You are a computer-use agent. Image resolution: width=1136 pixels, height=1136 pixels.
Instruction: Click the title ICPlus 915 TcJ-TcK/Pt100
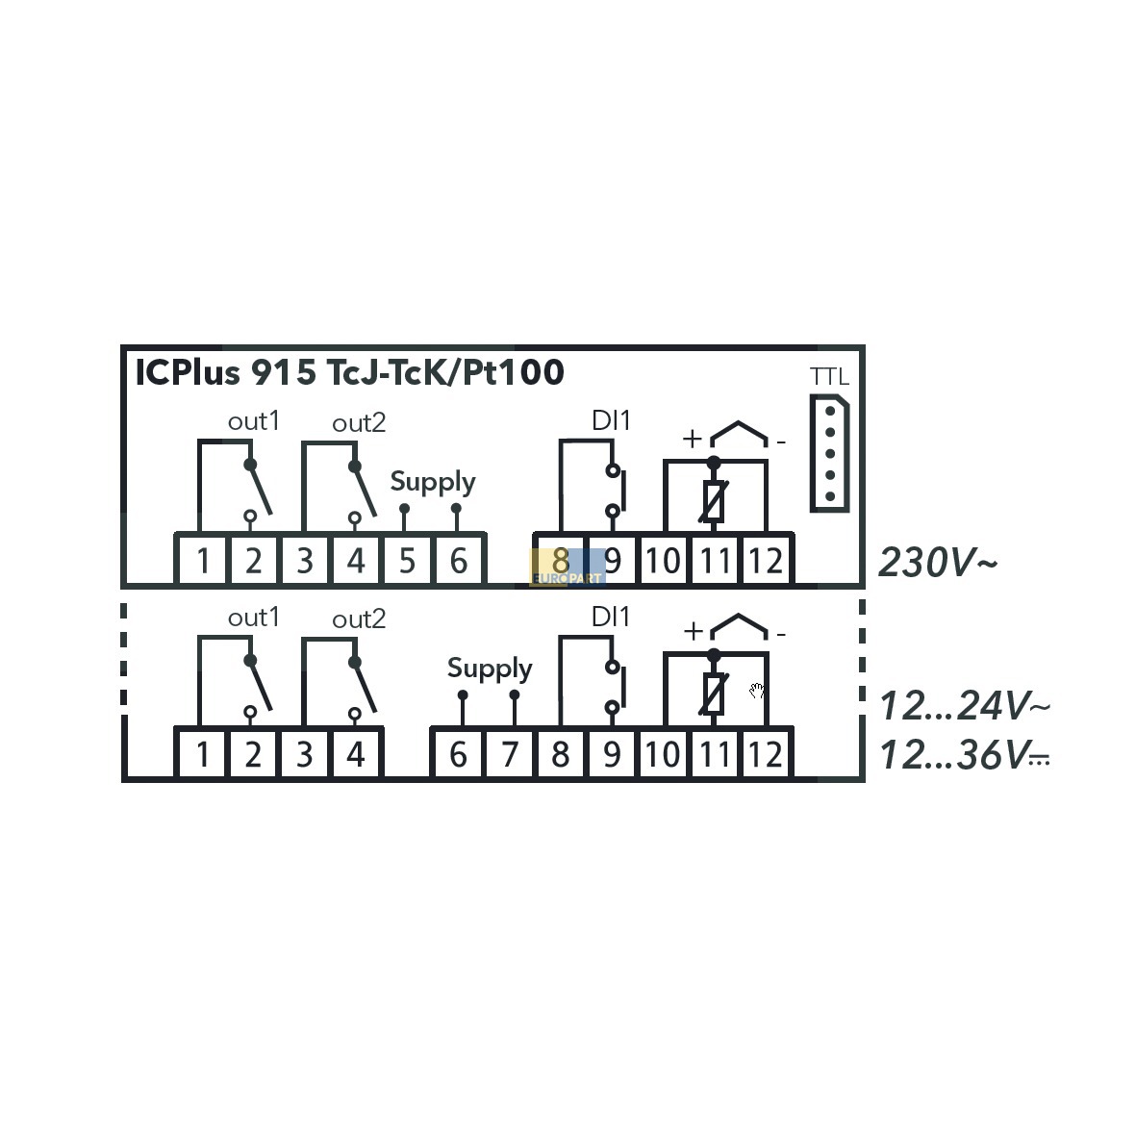(349, 372)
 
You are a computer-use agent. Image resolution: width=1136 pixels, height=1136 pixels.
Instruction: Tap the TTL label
(829, 377)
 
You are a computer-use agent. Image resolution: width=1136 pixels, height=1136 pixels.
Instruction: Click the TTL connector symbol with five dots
(829, 453)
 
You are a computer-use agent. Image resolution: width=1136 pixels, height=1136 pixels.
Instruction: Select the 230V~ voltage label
(938, 562)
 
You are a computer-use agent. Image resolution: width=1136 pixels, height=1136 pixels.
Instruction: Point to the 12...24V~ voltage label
(964, 706)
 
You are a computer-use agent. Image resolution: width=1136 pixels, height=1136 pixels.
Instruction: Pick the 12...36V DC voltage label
(964, 755)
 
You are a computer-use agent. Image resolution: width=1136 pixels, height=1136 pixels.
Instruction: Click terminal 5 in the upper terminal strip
(407, 561)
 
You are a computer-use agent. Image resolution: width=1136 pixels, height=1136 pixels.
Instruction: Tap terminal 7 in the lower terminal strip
(510, 755)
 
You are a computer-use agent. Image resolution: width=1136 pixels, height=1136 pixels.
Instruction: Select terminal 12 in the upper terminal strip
(766, 561)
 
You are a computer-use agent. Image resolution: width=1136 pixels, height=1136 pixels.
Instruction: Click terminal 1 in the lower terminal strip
(203, 755)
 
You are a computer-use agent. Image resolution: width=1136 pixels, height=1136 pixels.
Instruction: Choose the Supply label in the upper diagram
(433, 483)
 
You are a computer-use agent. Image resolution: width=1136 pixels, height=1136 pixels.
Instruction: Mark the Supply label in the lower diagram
(490, 669)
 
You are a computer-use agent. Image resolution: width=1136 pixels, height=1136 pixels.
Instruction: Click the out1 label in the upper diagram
(254, 421)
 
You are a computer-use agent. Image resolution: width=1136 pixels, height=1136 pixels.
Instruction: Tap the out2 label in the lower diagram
(359, 618)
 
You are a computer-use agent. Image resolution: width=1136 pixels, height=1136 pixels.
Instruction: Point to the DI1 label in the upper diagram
(611, 420)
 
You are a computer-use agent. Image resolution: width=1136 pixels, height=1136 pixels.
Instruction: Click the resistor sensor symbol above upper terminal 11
(714, 501)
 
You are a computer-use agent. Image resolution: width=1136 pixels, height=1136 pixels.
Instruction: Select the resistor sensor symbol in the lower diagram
(714, 694)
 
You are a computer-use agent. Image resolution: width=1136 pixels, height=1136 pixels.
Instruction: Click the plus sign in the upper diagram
(693, 439)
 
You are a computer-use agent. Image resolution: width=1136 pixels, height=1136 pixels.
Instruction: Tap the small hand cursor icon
(756, 691)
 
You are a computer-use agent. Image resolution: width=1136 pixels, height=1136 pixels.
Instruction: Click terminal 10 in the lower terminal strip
(663, 755)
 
